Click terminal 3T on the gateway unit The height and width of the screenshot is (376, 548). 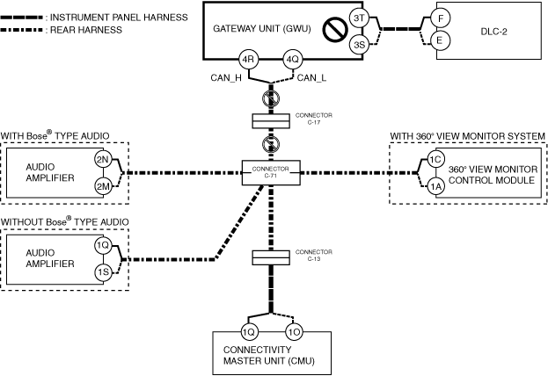[358, 18]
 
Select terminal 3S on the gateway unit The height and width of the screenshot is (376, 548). [358, 45]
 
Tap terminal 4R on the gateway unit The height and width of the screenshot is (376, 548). [250, 61]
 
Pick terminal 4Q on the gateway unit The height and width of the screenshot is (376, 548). [292, 61]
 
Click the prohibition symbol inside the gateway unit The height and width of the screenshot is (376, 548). [333, 32]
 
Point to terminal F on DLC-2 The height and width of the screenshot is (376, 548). [442, 18]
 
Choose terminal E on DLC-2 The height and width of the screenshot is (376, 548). [442, 40]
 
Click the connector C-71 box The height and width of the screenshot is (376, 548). [271, 172]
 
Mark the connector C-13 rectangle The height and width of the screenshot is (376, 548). [271, 257]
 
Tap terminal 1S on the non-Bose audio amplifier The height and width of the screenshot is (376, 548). [104, 272]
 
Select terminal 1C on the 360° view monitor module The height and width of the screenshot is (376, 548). [435, 159]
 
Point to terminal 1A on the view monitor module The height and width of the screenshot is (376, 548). [435, 184]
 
